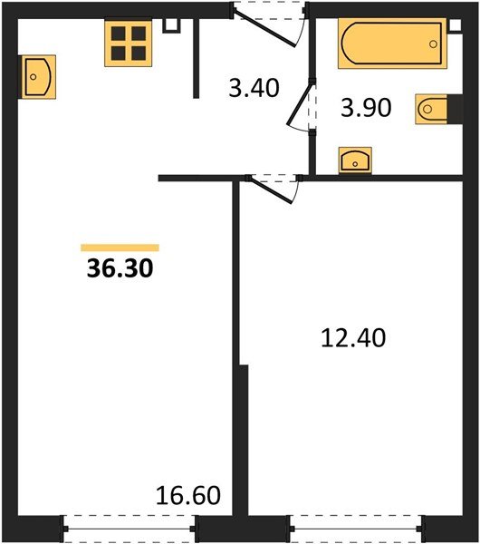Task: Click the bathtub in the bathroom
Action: [x=392, y=44]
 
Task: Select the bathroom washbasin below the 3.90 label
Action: [x=355, y=160]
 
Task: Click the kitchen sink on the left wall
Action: [x=37, y=77]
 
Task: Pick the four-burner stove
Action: [x=129, y=43]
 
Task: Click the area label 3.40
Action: [x=254, y=88]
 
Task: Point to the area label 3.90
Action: [x=366, y=108]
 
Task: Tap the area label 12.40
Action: [x=353, y=338]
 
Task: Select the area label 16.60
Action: [x=188, y=495]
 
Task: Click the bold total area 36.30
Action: [x=120, y=268]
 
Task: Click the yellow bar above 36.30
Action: [x=120, y=248]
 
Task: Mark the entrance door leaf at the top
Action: [x=265, y=29]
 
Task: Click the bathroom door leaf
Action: [x=300, y=102]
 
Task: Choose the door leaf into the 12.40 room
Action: [x=271, y=189]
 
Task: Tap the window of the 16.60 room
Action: [x=130, y=529]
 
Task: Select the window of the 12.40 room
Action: [x=356, y=529]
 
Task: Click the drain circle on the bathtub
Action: [x=433, y=44]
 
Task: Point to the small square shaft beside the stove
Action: [x=171, y=25]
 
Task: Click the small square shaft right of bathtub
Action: [x=456, y=25]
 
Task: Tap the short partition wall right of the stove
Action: [x=197, y=58]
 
